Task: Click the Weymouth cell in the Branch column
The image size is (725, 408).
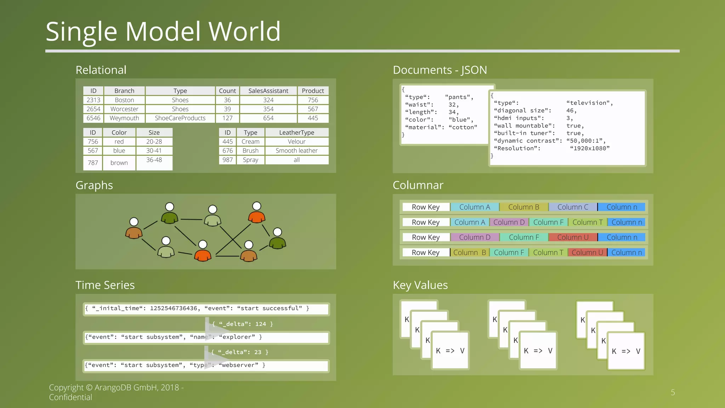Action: coord(124,118)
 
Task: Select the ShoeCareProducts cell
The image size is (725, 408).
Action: coord(180,118)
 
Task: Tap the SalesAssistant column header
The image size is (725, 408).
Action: coord(268,91)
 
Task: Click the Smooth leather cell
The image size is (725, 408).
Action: coord(296,151)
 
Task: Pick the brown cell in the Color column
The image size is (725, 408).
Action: coord(119,163)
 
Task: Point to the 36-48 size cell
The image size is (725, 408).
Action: coord(154,160)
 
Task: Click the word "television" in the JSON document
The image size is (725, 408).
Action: coord(589,103)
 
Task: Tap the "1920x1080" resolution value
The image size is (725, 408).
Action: coord(590,148)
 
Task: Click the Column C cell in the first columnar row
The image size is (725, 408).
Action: coord(572,207)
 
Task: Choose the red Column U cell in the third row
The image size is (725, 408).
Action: coord(572,237)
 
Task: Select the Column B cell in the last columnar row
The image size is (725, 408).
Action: coord(469,253)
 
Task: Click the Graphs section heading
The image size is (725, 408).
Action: coord(94,185)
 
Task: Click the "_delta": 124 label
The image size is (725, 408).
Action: coord(242,324)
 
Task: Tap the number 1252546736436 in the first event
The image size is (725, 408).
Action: coord(173,308)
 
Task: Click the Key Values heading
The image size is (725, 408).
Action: coord(420,285)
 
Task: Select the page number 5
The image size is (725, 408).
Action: coord(673,392)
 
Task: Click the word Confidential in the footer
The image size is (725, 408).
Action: coord(70,397)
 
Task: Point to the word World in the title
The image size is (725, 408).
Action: coord(245,32)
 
